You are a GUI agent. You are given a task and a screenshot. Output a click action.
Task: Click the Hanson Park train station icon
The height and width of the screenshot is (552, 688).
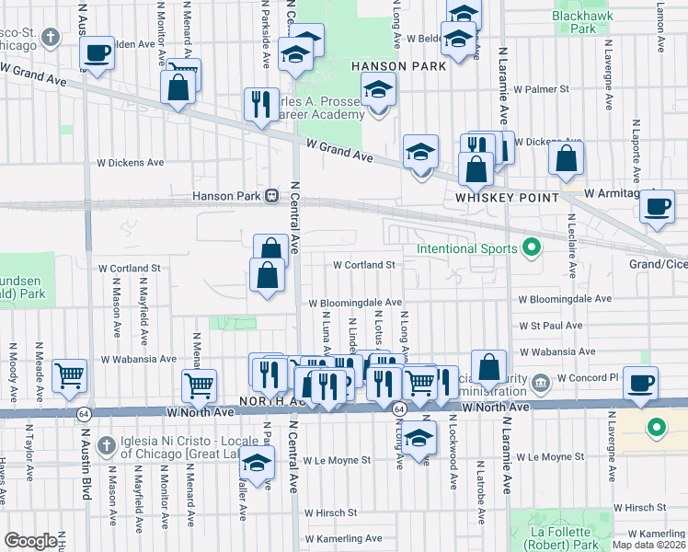point(271,196)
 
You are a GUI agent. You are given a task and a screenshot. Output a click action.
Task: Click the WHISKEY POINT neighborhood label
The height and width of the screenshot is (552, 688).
point(508,198)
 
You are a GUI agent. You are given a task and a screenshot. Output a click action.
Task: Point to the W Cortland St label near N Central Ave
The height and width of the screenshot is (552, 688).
point(363,265)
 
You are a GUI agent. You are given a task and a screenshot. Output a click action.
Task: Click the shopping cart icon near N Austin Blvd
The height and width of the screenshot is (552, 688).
point(69,375)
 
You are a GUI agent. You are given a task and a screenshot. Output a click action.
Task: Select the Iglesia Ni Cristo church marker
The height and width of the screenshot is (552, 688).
point(108,444)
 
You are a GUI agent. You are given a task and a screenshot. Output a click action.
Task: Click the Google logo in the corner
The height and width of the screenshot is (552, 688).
point(30,542)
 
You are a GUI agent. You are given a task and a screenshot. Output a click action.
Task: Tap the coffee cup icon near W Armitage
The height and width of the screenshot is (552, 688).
point(657,206)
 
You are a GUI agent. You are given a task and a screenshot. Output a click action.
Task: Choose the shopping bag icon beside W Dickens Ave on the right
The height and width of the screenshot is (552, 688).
point(566,158)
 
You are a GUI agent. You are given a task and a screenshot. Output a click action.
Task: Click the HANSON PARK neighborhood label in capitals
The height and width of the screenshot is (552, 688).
point(398,66)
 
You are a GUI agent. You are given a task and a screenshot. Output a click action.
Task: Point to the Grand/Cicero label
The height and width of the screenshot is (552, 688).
point(658,265)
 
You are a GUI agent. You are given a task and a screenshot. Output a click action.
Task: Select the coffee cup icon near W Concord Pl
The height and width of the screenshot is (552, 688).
point(640,382)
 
